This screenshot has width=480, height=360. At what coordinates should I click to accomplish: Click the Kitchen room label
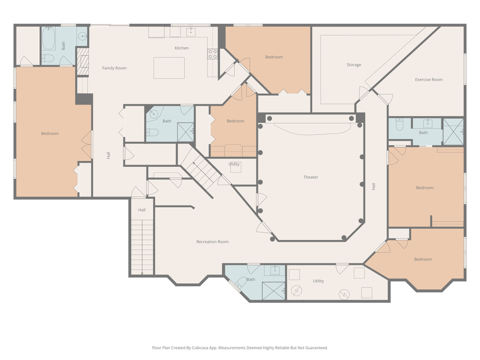182,48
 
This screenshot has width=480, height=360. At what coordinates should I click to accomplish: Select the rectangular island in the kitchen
169,68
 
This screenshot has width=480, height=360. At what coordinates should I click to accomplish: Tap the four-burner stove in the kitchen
213,54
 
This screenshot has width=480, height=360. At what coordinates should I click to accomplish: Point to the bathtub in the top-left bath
49,39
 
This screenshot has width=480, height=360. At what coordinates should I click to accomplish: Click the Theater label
310,177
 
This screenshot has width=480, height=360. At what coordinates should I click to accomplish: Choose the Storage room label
353,65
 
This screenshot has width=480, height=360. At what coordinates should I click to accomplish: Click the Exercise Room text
428,80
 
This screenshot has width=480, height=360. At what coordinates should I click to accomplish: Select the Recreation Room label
212,242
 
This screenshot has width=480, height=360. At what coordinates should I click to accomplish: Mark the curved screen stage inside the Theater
312,127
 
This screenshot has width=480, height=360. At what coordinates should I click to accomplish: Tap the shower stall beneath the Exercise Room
453,131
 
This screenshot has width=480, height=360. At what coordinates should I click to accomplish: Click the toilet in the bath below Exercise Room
399,125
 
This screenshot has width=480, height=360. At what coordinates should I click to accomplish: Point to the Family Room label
114,68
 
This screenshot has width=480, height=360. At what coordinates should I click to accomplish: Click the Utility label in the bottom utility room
318,281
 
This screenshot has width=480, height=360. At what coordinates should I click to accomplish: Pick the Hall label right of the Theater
374,186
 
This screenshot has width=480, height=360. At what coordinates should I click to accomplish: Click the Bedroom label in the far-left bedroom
50,134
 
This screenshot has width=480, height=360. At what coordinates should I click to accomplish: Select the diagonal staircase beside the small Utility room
201,169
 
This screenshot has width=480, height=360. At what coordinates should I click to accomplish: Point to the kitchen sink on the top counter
190,32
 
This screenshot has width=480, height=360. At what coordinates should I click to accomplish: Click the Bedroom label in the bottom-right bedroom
422,259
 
